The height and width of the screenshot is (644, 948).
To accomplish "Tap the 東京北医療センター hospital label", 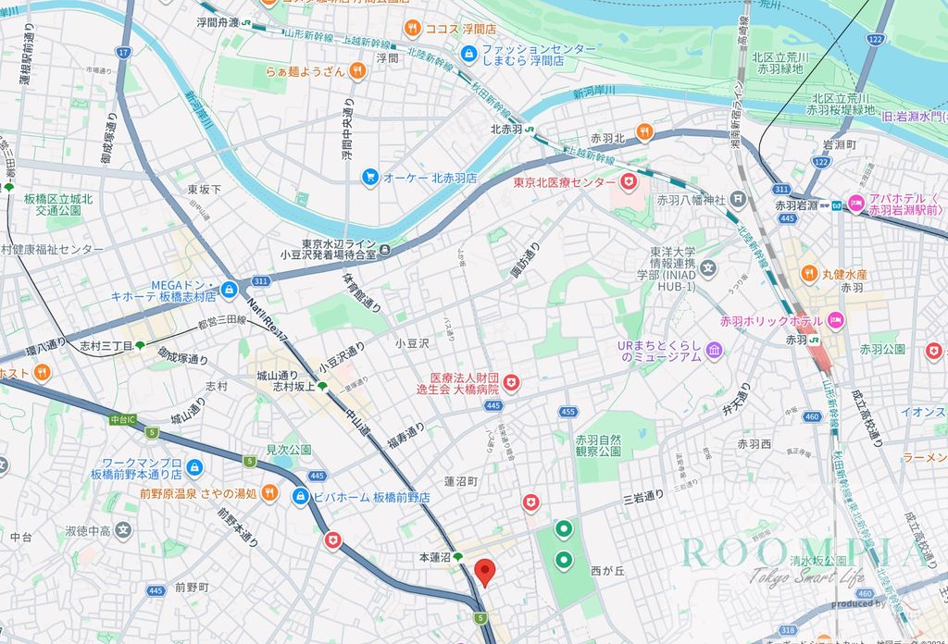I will [x=565, y=182].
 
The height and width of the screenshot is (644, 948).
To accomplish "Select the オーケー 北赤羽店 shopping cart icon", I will [x=370, y=177].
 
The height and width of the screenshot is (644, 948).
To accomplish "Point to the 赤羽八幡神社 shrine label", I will [x=691, y=199].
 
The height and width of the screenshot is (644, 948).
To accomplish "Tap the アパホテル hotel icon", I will [x=856, y=203].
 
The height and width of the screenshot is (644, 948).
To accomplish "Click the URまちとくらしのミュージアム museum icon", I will [x=714, y=350].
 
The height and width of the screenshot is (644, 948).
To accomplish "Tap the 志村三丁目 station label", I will [x=106, y=345].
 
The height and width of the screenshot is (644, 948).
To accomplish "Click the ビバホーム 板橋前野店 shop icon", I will [x=301, y=497].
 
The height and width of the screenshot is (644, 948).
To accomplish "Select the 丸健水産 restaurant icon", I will [x=808, y=274].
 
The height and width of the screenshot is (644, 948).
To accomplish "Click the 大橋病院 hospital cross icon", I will [x=510, y=381].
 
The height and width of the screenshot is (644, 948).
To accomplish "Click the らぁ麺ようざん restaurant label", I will [x=305, y=71].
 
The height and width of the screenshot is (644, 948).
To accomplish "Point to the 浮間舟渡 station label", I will [x=218, y=21].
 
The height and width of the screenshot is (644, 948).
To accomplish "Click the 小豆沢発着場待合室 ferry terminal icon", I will [x=385, y=248].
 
